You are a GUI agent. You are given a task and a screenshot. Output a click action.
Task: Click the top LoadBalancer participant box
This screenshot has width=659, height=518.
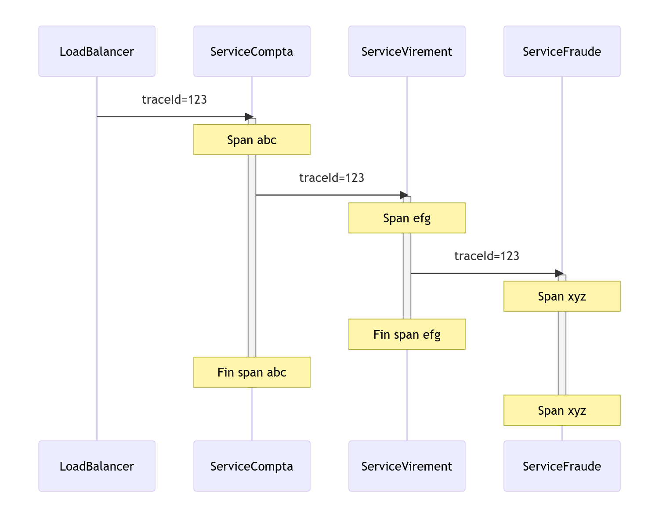coord(97,51)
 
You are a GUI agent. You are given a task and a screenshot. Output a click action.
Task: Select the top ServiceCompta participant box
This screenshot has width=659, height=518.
coord(252,51)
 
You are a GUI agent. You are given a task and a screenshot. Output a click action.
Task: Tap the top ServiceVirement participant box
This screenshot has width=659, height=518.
coord(407,51)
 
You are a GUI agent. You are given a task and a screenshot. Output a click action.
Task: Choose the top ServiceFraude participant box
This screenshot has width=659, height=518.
coord(562,51)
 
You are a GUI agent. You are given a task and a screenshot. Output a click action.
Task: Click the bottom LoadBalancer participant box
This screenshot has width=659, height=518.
coord(97,466)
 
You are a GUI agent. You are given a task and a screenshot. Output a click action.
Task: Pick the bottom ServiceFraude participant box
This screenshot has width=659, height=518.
coord(562,466)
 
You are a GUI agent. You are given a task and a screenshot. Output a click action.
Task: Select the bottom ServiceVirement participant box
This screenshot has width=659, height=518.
coord(407,466)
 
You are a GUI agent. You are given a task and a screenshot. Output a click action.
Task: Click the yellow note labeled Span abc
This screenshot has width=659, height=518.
coord(252,140)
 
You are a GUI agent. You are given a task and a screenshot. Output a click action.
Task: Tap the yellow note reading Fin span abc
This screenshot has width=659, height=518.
coord(252,372)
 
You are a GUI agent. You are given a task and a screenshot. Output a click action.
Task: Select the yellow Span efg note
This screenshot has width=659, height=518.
coord(407,218)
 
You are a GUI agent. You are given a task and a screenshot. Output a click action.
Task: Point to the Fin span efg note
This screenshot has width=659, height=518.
coord(407,334)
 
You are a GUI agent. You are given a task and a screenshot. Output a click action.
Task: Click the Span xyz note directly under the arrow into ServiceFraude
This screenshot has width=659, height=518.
coord(562,296)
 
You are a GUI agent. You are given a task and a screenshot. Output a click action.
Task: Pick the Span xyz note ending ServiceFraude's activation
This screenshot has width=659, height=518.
coord(562,410)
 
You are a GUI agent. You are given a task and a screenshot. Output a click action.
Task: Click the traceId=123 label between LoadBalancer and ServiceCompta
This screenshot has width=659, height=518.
coord(174,100)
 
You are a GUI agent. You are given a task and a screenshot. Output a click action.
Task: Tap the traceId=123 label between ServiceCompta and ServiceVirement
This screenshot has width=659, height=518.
coord(332,178)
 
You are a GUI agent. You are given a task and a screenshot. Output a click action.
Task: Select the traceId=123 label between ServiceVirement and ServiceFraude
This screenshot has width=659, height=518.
coord(487,256)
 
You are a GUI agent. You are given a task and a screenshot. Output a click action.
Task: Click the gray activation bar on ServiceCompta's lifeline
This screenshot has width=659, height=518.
coord(252,255)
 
